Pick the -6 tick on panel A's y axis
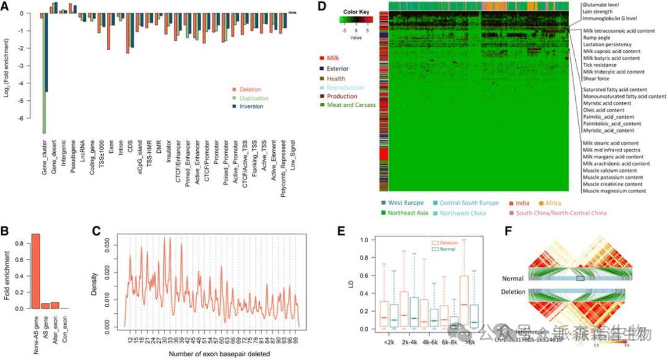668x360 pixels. [x=20, y=118]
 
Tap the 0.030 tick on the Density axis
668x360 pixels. [x=112, y=245]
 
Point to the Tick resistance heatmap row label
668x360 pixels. [x=604, y=65]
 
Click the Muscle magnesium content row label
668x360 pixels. [x=614, y=191]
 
